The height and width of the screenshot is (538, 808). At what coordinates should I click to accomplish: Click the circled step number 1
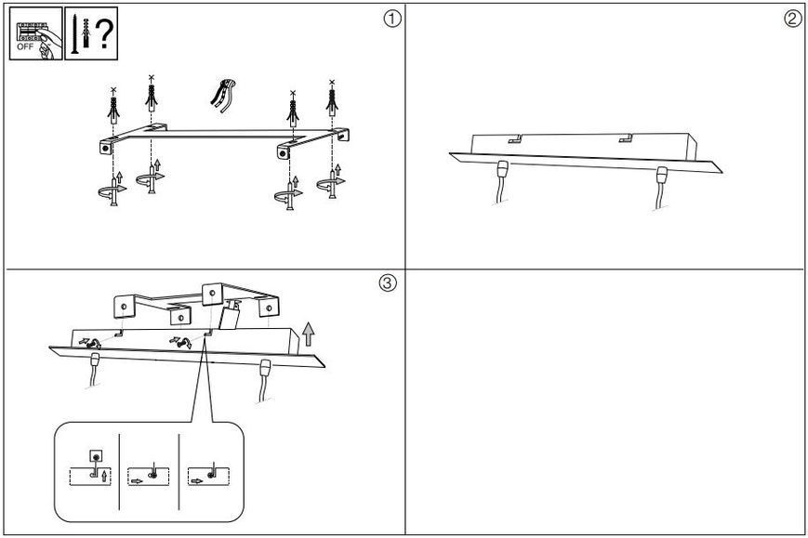[x=392, y=20]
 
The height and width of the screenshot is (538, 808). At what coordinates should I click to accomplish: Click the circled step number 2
[x=793, y=19]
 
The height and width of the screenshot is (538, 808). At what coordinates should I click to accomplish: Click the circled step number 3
[x=388, y=282]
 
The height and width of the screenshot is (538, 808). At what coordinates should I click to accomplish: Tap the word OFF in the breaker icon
[x=25, y=46]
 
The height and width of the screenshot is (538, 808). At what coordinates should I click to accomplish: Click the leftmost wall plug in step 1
[x=113, y=107]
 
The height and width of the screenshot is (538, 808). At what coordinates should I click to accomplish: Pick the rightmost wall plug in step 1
[x=332, y=98]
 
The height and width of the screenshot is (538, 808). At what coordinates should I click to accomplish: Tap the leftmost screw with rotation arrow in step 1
[x=113, y=190]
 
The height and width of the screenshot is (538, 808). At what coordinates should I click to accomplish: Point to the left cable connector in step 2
[x=502, y=169]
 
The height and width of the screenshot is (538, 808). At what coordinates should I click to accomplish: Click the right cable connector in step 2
[x=662, y=175]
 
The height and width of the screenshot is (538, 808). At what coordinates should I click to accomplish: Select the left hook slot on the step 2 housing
[x=515, y=138]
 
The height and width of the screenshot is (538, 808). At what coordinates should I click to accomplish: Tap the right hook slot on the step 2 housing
[x=626, y=138]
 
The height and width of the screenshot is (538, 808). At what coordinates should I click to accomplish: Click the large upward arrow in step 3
[x=308, y=335]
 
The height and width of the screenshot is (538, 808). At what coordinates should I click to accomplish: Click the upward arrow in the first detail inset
[x=105, y=476]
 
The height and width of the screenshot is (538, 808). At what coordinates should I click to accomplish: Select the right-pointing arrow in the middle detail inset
[x=137, y=481]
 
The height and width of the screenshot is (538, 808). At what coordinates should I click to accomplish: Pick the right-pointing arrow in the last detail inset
[x=197, y=481]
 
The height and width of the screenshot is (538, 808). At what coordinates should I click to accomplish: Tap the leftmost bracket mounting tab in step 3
[x=124, y=307]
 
